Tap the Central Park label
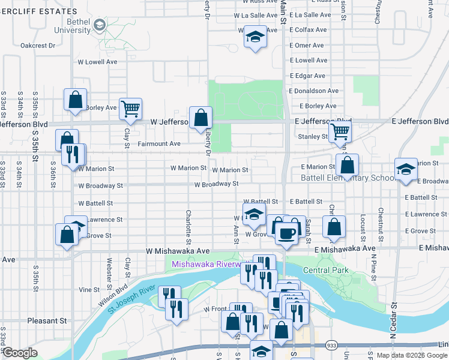tap(326, 271)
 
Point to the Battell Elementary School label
tap(348, 178)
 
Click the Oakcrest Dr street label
tap(37, 45)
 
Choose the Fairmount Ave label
tap(159, 144)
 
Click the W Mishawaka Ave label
tap(178, 251)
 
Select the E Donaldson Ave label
tap(313, 91)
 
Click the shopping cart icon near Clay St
tap(130, 109)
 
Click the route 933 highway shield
tap(331, 345)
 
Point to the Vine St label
tap(89, 289)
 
